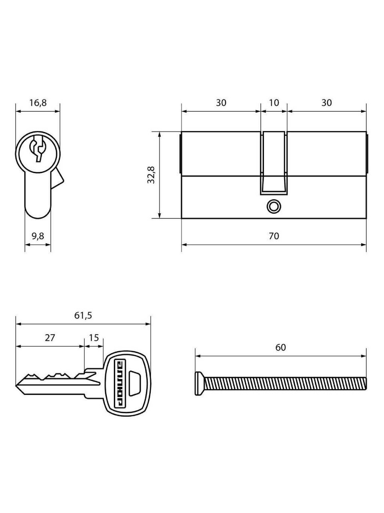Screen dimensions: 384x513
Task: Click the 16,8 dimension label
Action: (x=38, y=103)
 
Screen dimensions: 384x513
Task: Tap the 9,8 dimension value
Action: (x=38, y=236)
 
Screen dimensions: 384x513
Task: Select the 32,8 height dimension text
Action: (x=152, y=175)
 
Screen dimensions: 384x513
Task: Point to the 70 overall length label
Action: (x=274, y=236)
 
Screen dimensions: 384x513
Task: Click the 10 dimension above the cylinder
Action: (x=274, y=103)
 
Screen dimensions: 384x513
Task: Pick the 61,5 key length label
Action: (x=83, y=316)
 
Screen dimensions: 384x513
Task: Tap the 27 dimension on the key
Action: (x=50, y=338)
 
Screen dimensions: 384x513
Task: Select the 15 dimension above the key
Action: (x=94, y=338)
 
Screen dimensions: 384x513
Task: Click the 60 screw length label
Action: (x=280, y=347)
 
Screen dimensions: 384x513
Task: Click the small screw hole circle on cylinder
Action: (x=273, y=206)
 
